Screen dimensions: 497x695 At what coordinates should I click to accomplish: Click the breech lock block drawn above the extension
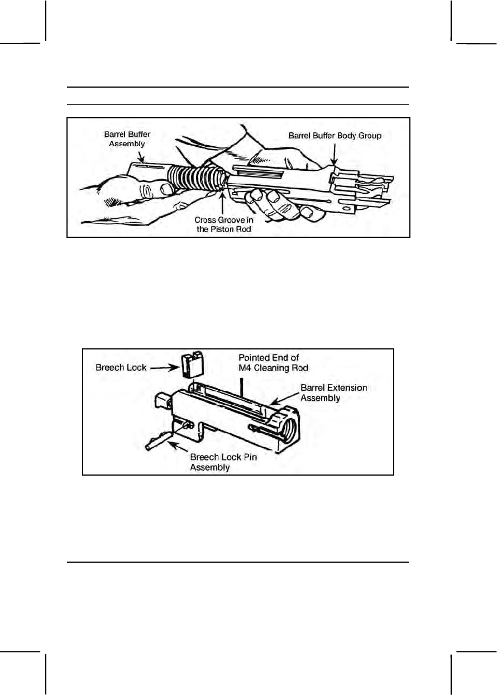tap(192, 365)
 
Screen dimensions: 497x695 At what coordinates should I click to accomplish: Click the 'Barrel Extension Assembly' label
tap(334, 392)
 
